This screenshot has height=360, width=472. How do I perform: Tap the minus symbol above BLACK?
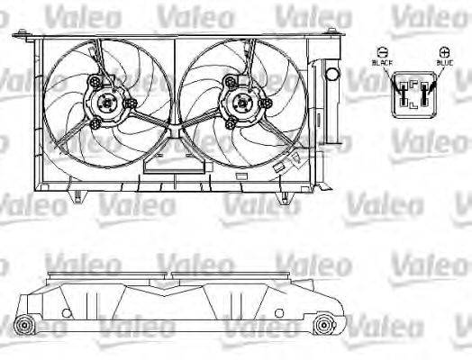pos(382,52)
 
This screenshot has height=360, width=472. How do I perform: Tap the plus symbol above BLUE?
pos(442,52)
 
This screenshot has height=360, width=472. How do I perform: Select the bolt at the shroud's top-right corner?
pos(334,35)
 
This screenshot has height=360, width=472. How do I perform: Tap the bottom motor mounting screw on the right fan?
pos(232,120)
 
